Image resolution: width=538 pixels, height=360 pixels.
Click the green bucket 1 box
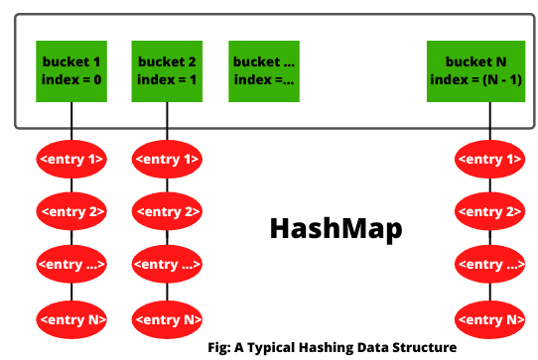click(71, 70)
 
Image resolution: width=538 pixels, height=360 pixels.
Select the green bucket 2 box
click(167, 70)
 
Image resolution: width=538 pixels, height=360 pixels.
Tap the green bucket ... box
click(264, 70)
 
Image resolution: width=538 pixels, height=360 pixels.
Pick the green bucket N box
click(489, 70)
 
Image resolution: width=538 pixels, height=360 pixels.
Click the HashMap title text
click(336, 228)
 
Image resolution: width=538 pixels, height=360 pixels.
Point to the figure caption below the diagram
click(333, 347)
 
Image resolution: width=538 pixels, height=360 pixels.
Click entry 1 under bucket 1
click(71, 159)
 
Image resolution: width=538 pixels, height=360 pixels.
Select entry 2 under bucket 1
click(71, 211)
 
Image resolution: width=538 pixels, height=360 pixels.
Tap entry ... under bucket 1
click(71, 265)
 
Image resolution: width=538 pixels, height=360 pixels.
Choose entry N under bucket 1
click(71, 318)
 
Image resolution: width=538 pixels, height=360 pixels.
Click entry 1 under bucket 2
click(167, 159)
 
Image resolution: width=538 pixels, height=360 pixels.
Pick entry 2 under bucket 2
click(167, 211)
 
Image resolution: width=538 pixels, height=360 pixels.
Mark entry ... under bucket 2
click(167, 265)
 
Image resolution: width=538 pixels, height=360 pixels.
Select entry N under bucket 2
click(167, 318)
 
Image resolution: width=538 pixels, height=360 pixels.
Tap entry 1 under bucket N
click(489, 159)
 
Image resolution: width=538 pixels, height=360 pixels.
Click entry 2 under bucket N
click(489, 211)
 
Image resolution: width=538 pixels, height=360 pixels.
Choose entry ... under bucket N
click(489, 265)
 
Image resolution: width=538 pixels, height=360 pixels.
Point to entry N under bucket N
click(489, 318)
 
